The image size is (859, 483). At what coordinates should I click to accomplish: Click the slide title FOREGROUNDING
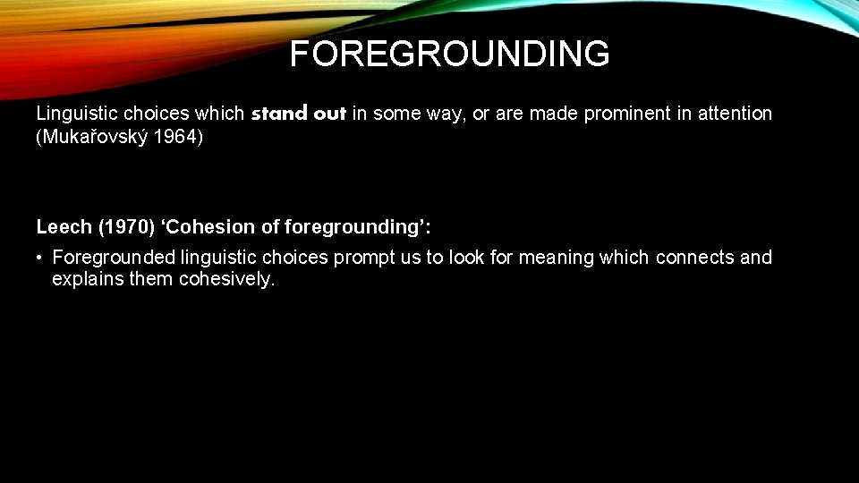point(449,55)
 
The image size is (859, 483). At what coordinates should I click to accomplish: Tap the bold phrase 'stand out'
point(299,114)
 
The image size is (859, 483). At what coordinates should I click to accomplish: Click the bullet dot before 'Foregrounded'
point(41,258)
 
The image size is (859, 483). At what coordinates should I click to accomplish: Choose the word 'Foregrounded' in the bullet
point(114,258)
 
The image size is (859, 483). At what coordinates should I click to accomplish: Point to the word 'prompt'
point(362,258)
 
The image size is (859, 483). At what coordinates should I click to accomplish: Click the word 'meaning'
point(557,258)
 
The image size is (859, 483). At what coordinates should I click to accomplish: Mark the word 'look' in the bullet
point(469,258)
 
